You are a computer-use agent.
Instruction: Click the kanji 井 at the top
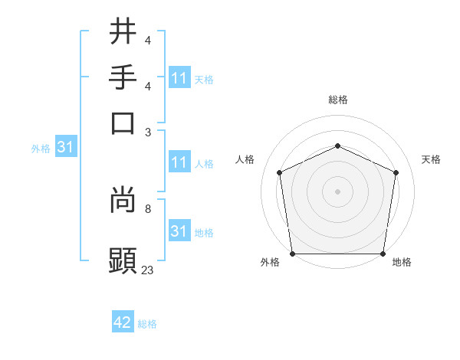click(123, 31)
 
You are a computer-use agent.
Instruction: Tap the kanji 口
click(123, 123)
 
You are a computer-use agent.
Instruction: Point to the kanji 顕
click(123, 260)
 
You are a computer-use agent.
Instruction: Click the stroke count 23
click(148, 270)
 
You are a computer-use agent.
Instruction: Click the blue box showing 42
click(123, 322)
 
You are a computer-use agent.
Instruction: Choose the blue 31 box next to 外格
click(65, 148)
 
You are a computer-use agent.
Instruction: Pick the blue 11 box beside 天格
click(179, 78)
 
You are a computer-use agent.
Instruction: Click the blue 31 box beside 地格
click(179, 231)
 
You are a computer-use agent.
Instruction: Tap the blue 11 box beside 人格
click(179, 162)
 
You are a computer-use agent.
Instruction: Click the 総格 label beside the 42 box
click(147, 324)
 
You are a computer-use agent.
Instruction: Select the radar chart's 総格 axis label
click(338, 100)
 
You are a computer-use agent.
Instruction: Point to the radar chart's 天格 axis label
click(432, 159)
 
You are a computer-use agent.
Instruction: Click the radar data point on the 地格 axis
click(383, 254)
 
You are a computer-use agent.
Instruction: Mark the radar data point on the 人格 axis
click(280, 172)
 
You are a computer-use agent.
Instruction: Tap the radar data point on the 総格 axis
click(338, 146)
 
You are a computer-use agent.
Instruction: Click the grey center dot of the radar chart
click(338, 191)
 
